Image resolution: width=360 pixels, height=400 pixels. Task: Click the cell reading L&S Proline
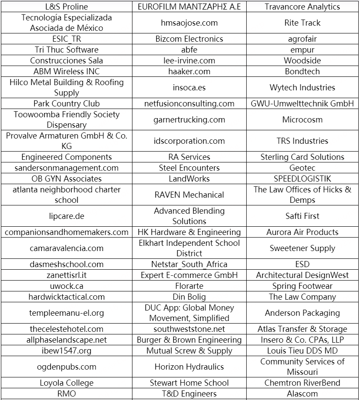(x=66, y=7)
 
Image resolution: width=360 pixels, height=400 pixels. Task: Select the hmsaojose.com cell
(x=189, y=23)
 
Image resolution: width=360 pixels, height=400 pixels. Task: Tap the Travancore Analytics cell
(x=302, y=7)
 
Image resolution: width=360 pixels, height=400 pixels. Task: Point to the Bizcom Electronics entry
(x=189, y=39)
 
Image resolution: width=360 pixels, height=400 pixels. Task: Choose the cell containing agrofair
(x=302, y=39)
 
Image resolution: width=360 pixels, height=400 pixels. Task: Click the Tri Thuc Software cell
(x=66, y=50)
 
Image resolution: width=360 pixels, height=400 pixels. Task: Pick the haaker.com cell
(x=189, y=71)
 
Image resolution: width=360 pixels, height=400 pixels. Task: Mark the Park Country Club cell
(x=66, y=103)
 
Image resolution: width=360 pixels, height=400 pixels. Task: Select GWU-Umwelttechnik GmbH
(x=302, y=103)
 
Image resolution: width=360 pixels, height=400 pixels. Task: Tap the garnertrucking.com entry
(x=189, y=119)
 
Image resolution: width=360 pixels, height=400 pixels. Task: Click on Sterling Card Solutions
(x=302, y=157)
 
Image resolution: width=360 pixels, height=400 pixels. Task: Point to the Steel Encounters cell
(x=189, y=168)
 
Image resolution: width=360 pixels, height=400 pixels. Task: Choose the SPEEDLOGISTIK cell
(x=302, y=179)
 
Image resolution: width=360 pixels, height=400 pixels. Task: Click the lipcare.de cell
(x=66, y=216)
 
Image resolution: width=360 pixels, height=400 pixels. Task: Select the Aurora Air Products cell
(x=302, y=232)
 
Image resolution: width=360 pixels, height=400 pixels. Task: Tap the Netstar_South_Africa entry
(x=189, y=264)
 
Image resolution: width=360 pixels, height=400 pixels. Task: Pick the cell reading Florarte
(x=189, y=286)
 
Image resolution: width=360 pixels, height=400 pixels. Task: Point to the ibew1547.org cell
(x=66, y=350)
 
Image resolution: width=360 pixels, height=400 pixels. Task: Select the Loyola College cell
(x=66, y=383)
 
